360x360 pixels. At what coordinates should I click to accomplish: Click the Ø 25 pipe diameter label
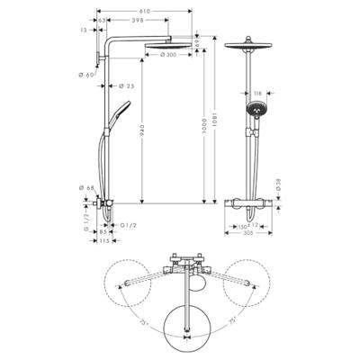tap(128, 86)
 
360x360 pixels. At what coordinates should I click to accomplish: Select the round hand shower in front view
tap(254, 112)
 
